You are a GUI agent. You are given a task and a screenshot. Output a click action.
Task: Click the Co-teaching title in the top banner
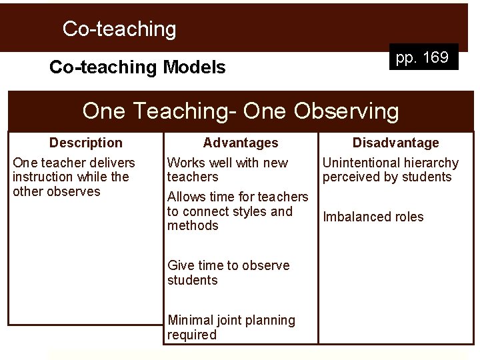click(119, 29)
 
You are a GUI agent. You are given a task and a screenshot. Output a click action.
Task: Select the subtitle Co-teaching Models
click(137, 67)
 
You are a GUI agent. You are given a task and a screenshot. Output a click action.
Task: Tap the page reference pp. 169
click(422, 58)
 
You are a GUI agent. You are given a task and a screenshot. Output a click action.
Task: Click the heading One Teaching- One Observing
click(240, 110)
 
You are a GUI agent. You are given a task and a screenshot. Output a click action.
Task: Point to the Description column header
click(86, 143)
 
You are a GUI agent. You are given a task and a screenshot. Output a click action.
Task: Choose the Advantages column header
click(241, 143)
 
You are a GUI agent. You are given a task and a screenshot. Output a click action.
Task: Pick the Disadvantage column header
click(395, 143)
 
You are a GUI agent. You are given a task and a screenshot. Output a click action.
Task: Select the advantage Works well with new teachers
click(227, 169)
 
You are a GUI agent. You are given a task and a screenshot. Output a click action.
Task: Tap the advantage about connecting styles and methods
click(237, 211)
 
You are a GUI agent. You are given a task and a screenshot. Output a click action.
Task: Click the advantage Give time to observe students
click(228, 273)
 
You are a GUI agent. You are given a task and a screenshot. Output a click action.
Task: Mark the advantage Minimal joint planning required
click(231, 327)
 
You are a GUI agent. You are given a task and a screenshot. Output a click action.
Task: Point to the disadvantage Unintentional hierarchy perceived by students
click(391, 169)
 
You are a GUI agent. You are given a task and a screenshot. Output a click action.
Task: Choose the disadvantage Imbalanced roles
click(373, 217)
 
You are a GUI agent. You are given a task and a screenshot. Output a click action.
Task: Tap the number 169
click(435, 58)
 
